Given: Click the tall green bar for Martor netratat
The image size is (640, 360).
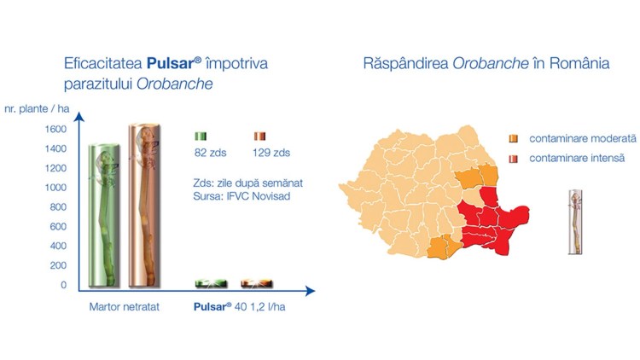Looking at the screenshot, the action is click(104, 216).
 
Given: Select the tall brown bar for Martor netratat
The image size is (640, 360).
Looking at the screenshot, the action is click(144, 206).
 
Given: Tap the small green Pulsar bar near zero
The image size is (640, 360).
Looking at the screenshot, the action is click(211, 283).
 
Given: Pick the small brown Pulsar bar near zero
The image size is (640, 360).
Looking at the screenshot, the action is click(256, 283).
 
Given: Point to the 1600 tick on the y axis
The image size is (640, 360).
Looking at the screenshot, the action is click(55, 130).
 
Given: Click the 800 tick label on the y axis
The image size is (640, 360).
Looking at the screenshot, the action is click(58, 207).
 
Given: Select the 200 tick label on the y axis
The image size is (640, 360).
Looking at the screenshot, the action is click(58, 265).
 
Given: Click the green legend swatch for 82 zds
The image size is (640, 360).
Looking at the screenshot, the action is click(201, 136).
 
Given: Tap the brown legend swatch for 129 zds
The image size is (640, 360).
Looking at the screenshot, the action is click(260, 136).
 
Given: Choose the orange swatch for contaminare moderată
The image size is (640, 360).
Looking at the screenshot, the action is click(514, 139).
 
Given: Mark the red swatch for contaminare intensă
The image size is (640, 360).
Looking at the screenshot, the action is click(514, 159).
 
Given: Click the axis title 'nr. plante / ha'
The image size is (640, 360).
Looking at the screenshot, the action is click(37, 109).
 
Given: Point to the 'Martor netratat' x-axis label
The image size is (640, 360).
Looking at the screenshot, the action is click(124, 307).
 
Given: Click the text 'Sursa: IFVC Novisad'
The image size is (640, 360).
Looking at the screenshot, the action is click(241, 196).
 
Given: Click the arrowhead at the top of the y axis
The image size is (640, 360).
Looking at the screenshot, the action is click(79, 117).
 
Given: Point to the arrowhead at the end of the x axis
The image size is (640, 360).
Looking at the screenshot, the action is click(311, 291).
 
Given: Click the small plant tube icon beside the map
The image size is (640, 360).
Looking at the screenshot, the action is click(575, 223).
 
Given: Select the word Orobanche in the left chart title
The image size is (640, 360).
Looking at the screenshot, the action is click(174, 84).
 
